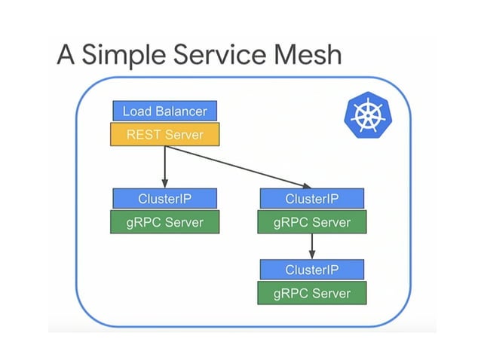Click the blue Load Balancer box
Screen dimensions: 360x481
164,111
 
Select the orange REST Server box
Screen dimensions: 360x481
164,135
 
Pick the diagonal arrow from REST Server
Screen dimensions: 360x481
237,166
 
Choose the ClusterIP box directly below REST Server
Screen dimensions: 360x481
164,199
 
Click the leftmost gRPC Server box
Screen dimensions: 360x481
164,222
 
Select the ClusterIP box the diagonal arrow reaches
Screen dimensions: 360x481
312,199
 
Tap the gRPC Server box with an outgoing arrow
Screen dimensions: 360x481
312,222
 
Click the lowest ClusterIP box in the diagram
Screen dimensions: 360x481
312,270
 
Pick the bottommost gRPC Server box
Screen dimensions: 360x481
312,293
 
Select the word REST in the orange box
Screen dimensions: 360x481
142,135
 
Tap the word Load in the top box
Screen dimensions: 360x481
136,111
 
